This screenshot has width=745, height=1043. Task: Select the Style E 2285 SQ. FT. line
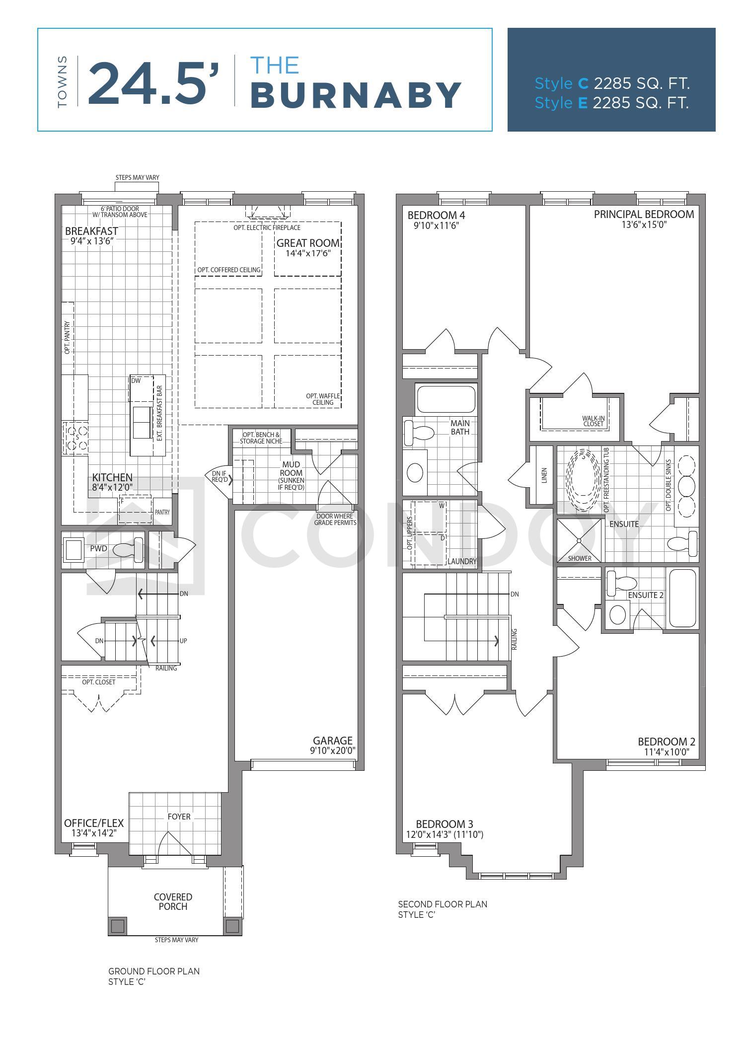click(611, 103)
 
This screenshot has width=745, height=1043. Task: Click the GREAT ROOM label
click(308, 243)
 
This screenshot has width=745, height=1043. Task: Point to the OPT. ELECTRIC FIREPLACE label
click(267, 227)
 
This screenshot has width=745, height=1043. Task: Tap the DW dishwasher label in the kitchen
click(136, 380)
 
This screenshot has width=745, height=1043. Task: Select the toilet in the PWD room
click(128, 550)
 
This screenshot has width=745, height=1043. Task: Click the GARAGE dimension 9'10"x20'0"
click(332, 750)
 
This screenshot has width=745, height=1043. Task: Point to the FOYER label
click(179, 816)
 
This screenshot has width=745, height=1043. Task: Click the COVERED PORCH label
click(173, 901)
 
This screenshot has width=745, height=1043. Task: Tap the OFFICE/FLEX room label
click(94, 823)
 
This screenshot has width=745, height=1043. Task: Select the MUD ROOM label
click(291, 468)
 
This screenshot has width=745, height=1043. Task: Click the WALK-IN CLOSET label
click(593, 421)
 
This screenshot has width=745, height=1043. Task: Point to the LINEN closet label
click(544, 475)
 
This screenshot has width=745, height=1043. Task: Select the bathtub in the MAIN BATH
click(446, 399)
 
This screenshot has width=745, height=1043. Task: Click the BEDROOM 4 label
click(436, 215)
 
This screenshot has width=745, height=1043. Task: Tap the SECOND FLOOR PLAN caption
click(443, 904)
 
